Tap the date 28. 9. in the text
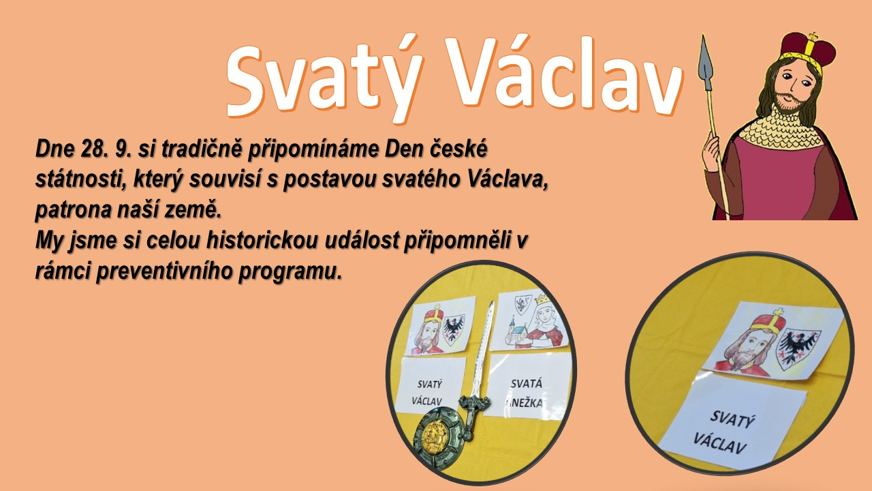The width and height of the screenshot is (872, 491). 105,149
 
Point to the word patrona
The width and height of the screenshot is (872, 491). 74,211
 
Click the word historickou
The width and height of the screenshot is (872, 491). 262,240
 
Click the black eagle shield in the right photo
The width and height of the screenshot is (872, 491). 798,350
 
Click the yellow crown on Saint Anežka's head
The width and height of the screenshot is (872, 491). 542,299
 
